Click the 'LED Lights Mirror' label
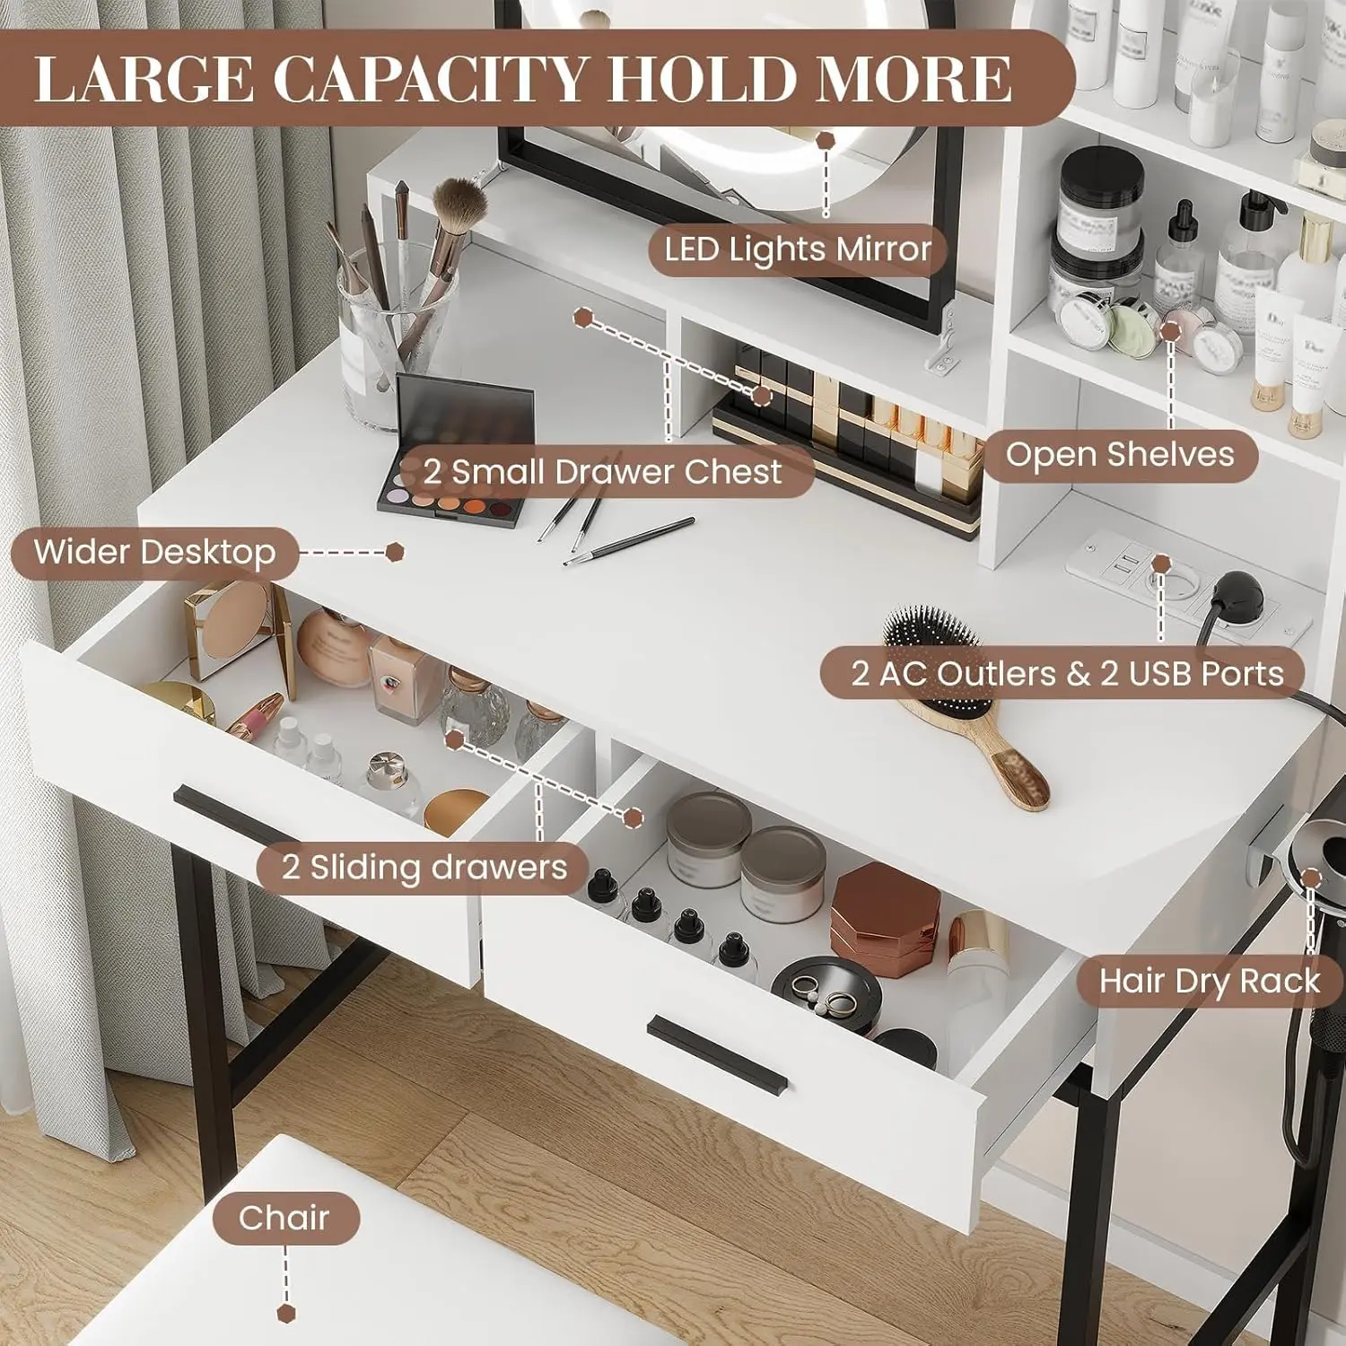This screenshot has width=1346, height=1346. coord(798,249)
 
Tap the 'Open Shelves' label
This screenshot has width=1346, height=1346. coord(1120,455)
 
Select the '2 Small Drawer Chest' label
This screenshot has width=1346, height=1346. coord(603,472)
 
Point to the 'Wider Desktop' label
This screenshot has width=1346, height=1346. coord(154,553)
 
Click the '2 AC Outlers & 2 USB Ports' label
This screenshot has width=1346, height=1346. coord(1067,674)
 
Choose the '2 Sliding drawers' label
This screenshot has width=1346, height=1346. coord(424,868)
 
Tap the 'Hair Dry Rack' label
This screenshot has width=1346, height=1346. coord(1210,981)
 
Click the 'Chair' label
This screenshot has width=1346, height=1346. coord(284,1219)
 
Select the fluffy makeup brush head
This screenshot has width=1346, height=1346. coord(460,203)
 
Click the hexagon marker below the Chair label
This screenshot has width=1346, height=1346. coord(285,1313)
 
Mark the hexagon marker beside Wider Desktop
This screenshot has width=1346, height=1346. coord(395,552)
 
